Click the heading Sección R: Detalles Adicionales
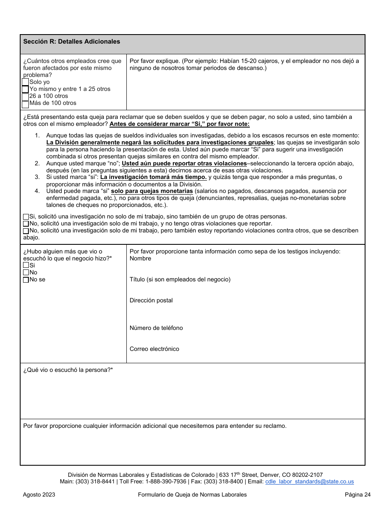point(72,42)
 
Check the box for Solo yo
point(26,82)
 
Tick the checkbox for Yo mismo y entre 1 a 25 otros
point(26,89)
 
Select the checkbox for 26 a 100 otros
point(26,96)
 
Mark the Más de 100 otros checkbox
point(26,104)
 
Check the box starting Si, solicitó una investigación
point(26,217)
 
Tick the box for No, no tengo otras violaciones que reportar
point(26,224)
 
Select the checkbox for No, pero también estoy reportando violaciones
point(26,231)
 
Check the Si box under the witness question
point(26,266)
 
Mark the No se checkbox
point(26,280)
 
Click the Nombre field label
point(140,259)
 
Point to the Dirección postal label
point(151,301)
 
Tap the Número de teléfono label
point(156,328)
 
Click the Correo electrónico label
point(154,349)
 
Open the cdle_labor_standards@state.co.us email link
point(310,482)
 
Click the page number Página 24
point(358,495)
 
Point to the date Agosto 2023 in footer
point(39,495)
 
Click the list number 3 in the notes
point(37,177)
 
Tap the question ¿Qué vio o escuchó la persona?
point(68,370)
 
